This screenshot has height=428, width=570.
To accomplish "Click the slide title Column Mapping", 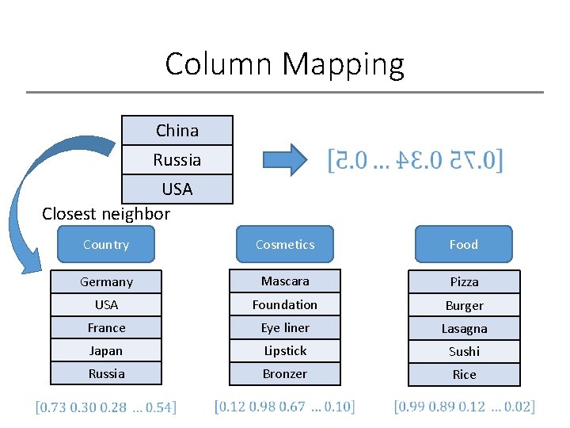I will tap(284, 63).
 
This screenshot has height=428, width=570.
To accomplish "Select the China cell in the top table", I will tap(177, 131).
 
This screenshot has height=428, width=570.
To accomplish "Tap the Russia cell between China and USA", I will tap(177, 160).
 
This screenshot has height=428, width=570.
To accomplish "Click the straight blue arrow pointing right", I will tap(287, 159).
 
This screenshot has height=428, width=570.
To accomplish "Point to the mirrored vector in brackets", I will tap(415, 161).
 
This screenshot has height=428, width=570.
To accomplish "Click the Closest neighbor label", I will tap(106, 213).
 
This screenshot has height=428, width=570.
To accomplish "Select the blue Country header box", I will tap(106, 244).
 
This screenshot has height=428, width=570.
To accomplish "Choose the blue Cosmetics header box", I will tap(285, 244).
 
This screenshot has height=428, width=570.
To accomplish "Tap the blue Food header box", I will tap(464, 244).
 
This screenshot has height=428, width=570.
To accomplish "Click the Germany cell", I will tap(106, 281).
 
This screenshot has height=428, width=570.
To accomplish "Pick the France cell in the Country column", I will tap(106, 327).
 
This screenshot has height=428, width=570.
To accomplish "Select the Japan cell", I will tap(106, 350).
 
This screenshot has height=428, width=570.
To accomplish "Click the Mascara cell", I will tap(285, 281).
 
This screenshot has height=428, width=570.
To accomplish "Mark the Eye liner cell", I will tap(285, 327).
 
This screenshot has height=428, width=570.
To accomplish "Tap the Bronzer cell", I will tap(285, 373).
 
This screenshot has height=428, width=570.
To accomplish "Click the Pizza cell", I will tap(464, 282).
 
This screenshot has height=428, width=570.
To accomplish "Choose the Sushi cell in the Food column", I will tap(464, 351).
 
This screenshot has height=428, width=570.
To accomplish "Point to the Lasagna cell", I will tap(464, 328).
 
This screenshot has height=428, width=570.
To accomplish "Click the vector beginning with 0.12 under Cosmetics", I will tap(285, 407).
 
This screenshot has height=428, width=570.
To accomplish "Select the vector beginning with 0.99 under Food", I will tap(464, 407).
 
